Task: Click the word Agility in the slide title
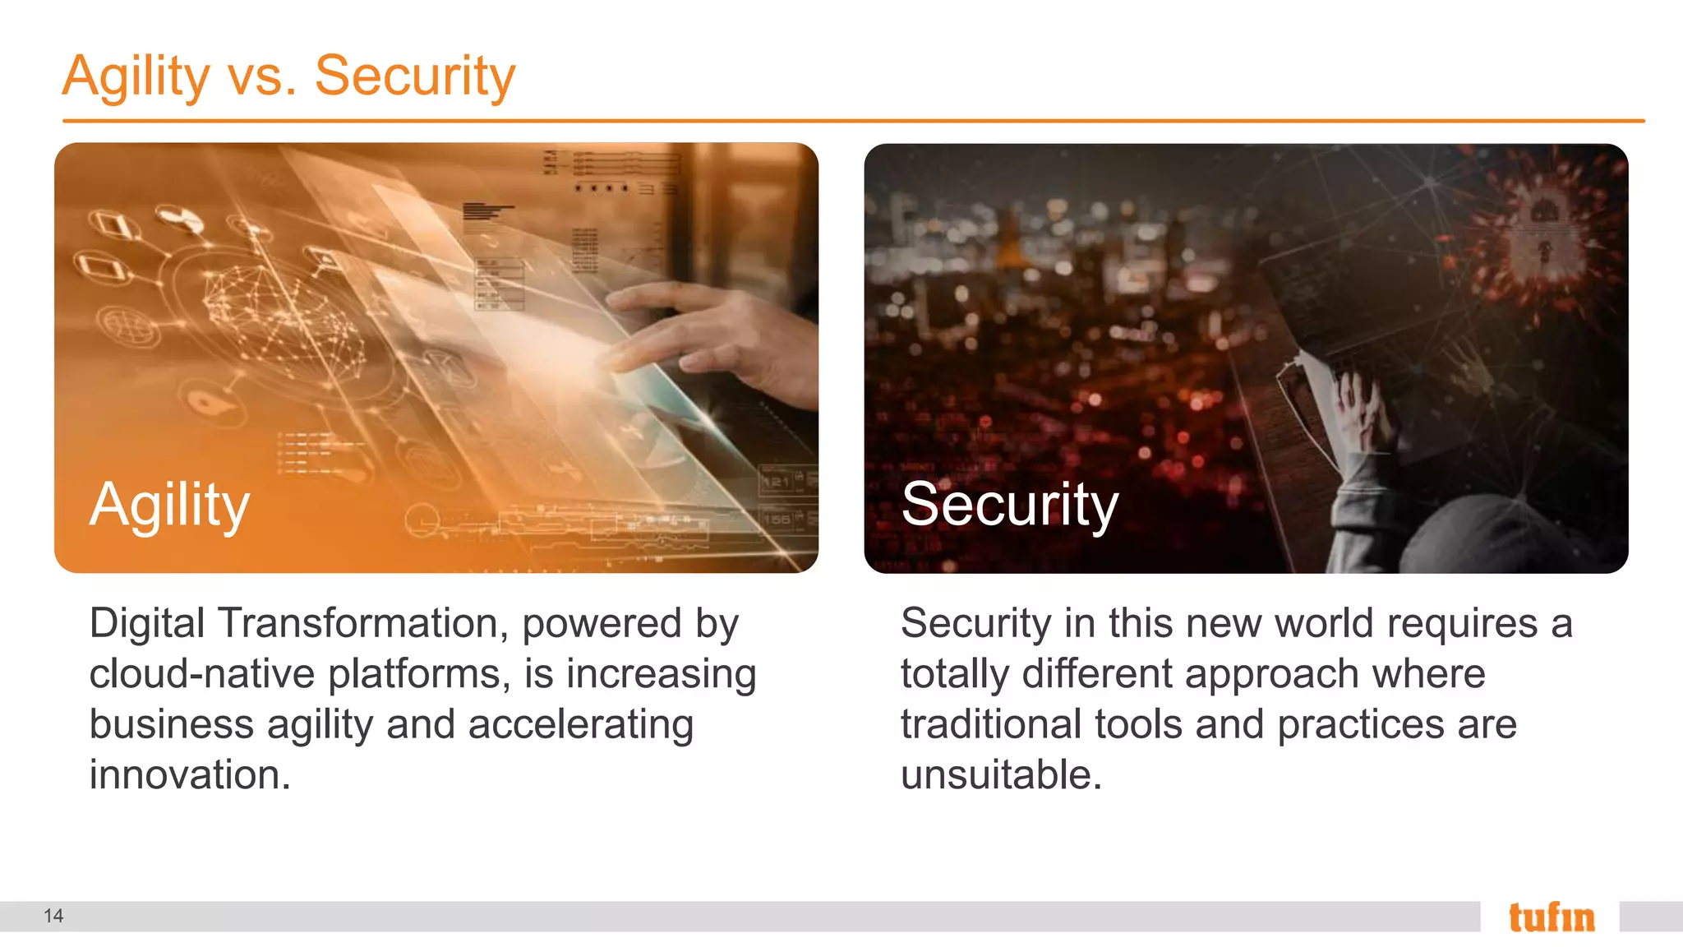[136, 76]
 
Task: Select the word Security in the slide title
[414, 76]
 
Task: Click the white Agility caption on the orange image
[169, 505]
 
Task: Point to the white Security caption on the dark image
[1009, 505]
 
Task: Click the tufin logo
[1551, 917]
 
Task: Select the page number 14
[53, 916]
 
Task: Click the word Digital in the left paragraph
[146, 623]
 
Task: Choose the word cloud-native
[202, 674]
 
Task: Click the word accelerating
[580, 725]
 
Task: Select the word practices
[1360, 725]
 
